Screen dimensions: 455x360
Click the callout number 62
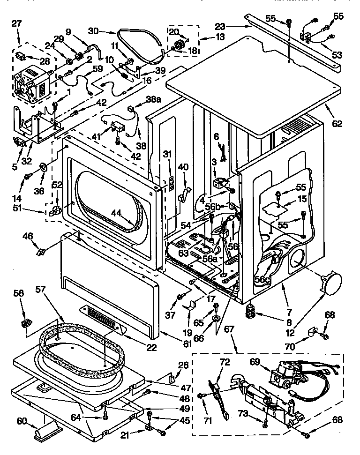(x=337, y=124)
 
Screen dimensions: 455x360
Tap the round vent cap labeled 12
(x=328, y=283)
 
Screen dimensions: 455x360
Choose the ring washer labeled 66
(x=216, y=319)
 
